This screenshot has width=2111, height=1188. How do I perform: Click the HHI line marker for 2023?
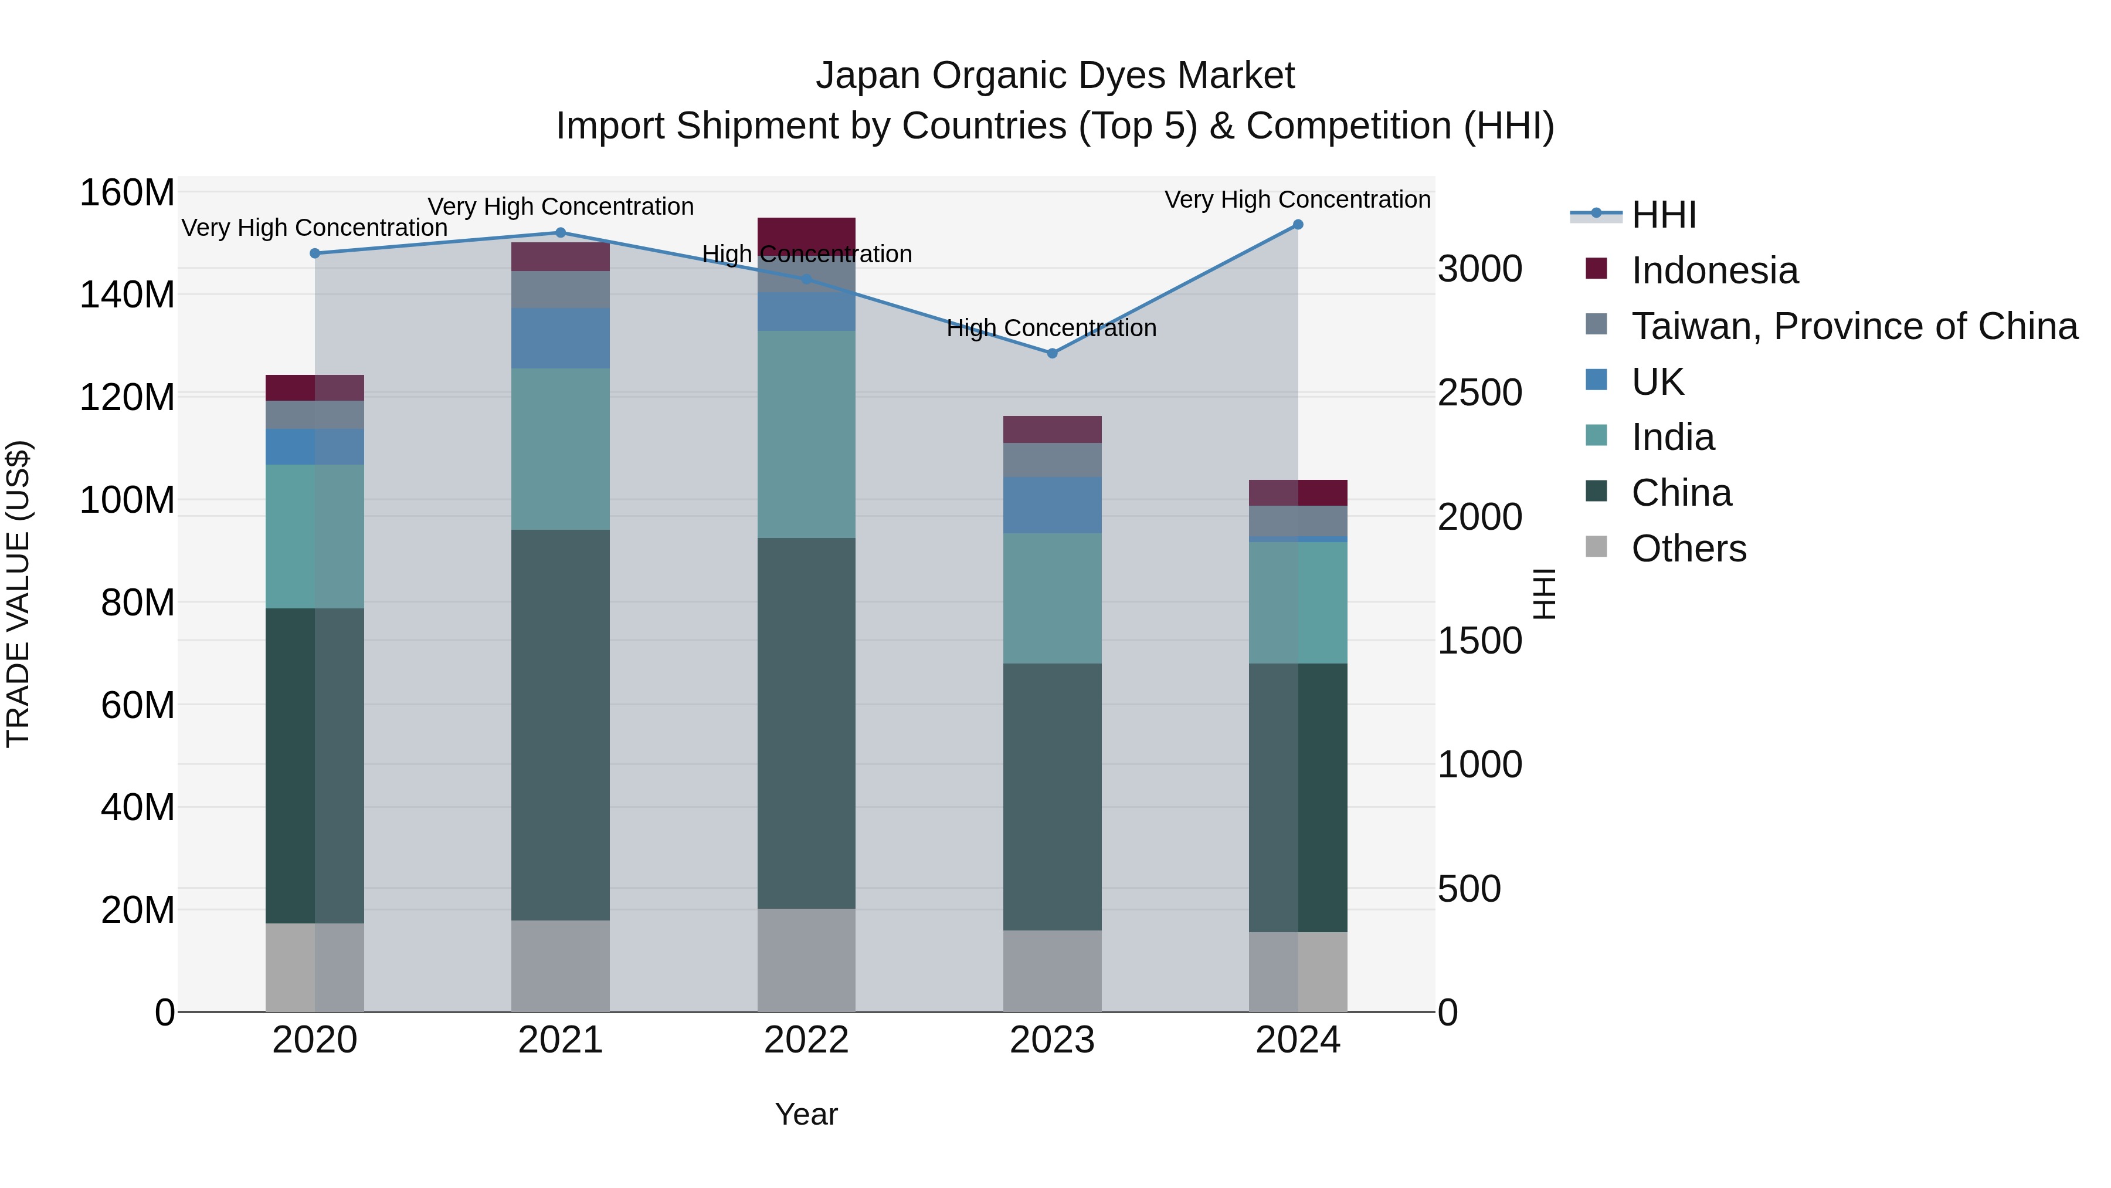point(1052,353)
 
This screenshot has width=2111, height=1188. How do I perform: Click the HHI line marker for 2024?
point(1298,225)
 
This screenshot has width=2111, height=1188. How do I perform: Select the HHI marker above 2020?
point(315,253)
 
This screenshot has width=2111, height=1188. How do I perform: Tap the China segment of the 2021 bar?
point(561,725)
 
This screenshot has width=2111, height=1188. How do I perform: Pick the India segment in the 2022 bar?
point(806,435)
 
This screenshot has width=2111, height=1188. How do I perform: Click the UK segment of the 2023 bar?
point(1052,505)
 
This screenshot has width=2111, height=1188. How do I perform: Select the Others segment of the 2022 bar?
point(806,959)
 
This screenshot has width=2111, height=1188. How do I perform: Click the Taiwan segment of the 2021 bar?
point(561,289)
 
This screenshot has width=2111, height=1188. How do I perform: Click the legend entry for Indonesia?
point(1715,270)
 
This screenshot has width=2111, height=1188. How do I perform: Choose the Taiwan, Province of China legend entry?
point(1854,326)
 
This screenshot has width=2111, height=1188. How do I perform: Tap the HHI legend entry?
point(1664,215)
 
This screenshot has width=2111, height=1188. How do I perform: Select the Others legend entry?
point(1688,549)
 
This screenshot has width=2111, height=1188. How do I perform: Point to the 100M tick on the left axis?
point(127,499)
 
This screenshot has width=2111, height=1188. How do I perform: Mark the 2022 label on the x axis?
point(806,1040)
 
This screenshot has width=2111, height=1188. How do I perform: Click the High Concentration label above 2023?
point(1051,328)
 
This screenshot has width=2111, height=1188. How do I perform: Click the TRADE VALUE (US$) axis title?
point(18,594)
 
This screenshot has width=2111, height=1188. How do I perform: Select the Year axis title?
point(806,1114)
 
